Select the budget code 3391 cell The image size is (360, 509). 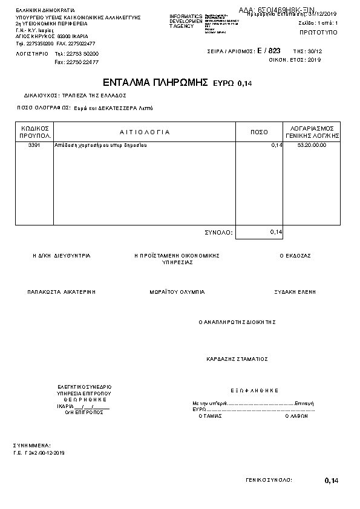point(34,146)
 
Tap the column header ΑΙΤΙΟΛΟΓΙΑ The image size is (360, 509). point(145,132)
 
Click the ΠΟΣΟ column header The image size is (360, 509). point(259,132)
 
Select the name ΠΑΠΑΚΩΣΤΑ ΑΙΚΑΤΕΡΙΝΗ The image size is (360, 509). point(61,291)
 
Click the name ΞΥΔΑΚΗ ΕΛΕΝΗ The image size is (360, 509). point(295,291)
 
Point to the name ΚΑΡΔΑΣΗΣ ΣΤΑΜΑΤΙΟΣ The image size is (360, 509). point(237,358)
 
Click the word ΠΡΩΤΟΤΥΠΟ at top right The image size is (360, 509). point(319,31)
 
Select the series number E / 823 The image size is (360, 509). point(269,51)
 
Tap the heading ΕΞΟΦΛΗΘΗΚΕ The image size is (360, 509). point(254,391)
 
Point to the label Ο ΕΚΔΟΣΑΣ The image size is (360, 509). point(295,256)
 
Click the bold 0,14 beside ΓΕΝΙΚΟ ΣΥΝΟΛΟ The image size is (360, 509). point(332,481)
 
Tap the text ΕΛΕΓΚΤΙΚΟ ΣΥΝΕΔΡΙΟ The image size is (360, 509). point(85,386)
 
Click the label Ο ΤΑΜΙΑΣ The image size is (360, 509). point(211,416)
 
